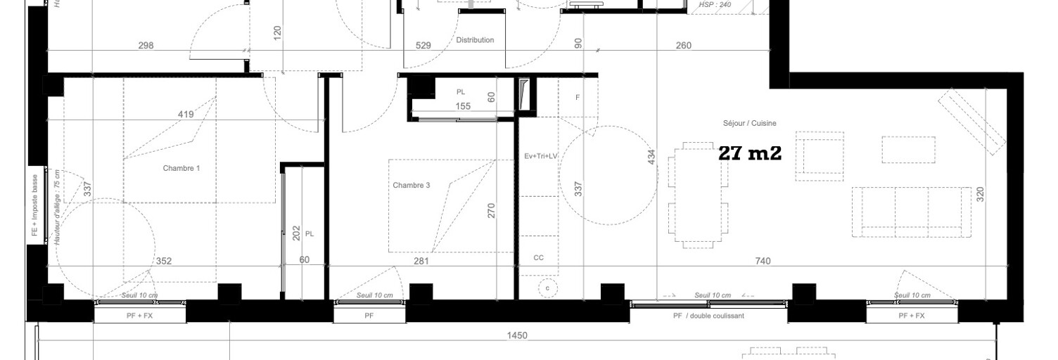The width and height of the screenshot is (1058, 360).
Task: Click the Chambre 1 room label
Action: point(181,168)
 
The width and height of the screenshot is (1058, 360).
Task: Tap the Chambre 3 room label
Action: point(412,186)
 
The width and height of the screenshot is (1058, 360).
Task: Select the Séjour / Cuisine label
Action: point(749,123)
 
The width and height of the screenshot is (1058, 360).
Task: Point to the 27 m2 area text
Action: point(750,154)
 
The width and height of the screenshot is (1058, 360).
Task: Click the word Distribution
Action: point(475,40)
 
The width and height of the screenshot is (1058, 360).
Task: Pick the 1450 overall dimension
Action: point(517,336)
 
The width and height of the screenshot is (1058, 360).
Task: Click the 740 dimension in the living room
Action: point(763,261)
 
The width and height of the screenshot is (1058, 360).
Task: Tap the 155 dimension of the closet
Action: point(462,107)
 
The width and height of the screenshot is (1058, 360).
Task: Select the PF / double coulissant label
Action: point(708,316)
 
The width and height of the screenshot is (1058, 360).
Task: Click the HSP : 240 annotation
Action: point(716,5)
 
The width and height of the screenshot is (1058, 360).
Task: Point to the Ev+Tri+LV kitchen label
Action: point(540,156)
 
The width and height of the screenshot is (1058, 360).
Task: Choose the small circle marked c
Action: point(549,287)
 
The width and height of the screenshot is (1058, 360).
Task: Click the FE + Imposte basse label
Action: point(34,209)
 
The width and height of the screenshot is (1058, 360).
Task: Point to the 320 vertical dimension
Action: point(980,194)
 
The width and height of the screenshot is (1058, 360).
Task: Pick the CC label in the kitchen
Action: point(538,258)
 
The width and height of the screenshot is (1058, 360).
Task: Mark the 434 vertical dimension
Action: point(651,157)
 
